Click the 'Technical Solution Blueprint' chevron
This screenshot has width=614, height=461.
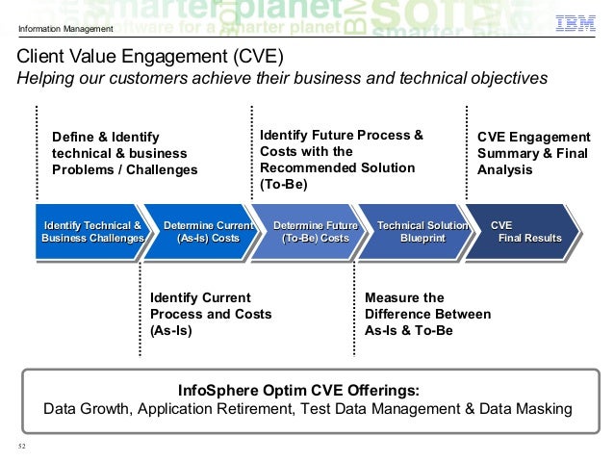[x=421, y=232]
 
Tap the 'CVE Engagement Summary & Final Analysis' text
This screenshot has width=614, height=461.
[x=533, y=154]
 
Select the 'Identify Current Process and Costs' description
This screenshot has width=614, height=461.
[x=210, y=314]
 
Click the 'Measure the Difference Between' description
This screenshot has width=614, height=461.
[x=427, y=314]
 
